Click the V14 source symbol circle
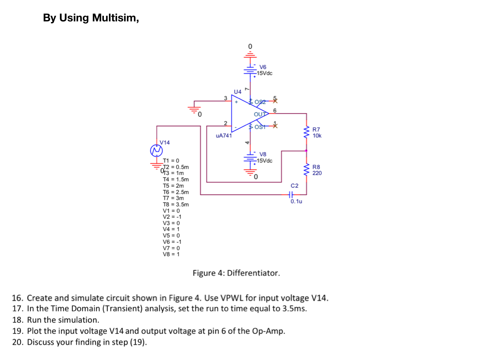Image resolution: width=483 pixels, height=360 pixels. point(157,151)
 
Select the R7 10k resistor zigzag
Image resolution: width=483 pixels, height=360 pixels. point(307,132)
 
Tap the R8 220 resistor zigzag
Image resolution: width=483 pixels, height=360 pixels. point(307,170)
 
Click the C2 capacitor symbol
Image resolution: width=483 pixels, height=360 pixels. point(291,194)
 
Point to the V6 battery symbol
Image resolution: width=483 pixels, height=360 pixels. point(250,70)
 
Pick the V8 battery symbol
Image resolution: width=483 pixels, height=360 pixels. point(250,158)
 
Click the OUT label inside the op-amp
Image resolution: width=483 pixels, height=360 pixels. point(260,114)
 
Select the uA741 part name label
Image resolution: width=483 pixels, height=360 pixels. point(224,136)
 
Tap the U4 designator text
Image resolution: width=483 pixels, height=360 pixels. point(237,91)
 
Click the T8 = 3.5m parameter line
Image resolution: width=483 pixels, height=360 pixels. point(176,204)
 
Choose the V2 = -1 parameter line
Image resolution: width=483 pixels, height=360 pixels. point(172,217)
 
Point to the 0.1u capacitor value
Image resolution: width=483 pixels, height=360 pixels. point(296,201)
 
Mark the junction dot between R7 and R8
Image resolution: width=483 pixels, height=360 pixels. point(306,151)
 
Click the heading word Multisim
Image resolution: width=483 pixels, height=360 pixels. point(115,18)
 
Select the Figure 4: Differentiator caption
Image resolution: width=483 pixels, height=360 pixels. point(236,273)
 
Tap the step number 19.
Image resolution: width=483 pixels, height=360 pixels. point(18,331)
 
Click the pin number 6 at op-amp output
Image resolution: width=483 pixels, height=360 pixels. point(275,110)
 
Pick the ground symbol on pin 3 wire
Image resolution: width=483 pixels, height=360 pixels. point(194,109)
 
